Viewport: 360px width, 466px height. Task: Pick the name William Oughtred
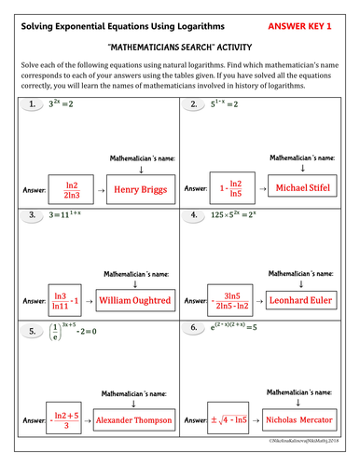[x=134, y=301]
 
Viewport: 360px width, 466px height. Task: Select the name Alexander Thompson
[x=133, y=421]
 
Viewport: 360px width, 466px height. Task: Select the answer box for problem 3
[x=65, y=301]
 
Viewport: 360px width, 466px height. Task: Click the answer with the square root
[x=234, y=421]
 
